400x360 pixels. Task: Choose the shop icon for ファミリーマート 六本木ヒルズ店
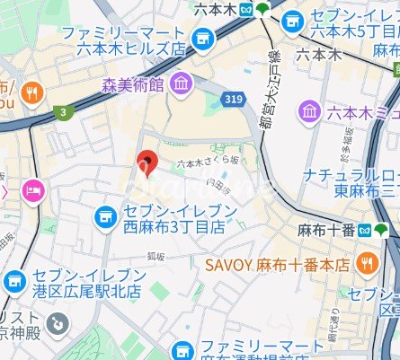[204, 38]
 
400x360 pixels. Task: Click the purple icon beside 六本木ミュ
[310, 110]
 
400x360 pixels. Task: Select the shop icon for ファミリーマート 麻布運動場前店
[182, 349]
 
